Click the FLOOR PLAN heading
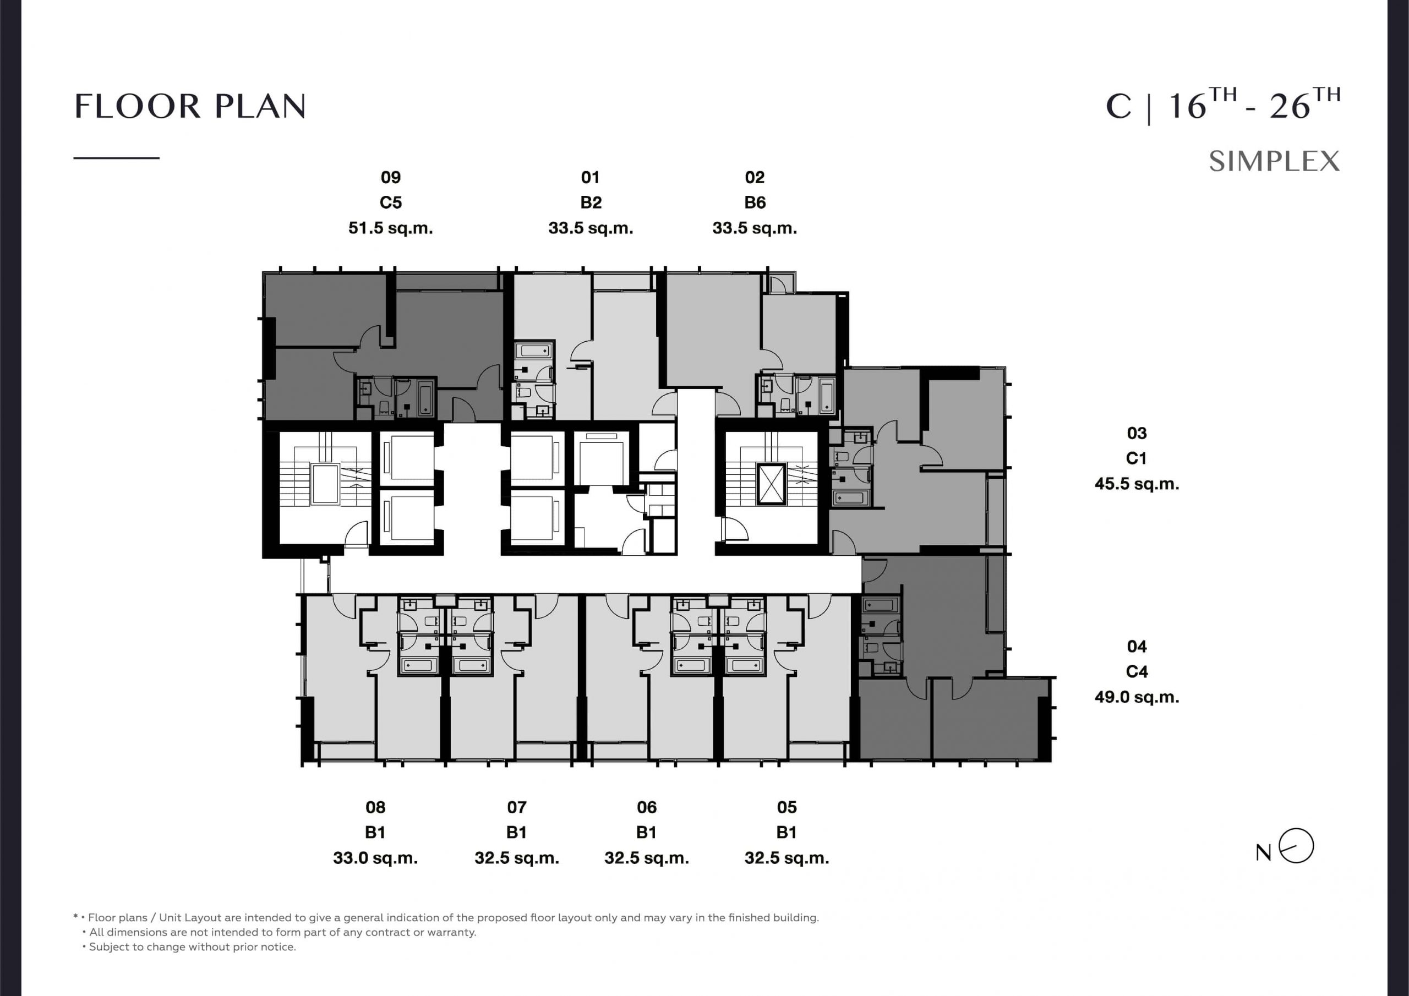[x=190, y=106]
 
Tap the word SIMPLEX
[x=1275, y=161]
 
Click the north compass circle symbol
[x=1296, y=846]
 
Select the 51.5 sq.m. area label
[x=391, y=228]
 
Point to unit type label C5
[x=391, y=203]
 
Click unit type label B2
[x=591, y=203]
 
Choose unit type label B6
[x=755, y=203]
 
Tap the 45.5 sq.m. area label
[x=1137, y=484]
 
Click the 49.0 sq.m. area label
[x=1137, y=697]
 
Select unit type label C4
[x=1137, y=672]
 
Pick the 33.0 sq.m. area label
[x=375, y=858]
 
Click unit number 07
[x=517, y=807]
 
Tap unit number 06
[x=647, y=807]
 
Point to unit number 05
[x=787, y=807]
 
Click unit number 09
[x=391, y=177]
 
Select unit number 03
[x=1137, y=433]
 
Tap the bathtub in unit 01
[x=534, y=351]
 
